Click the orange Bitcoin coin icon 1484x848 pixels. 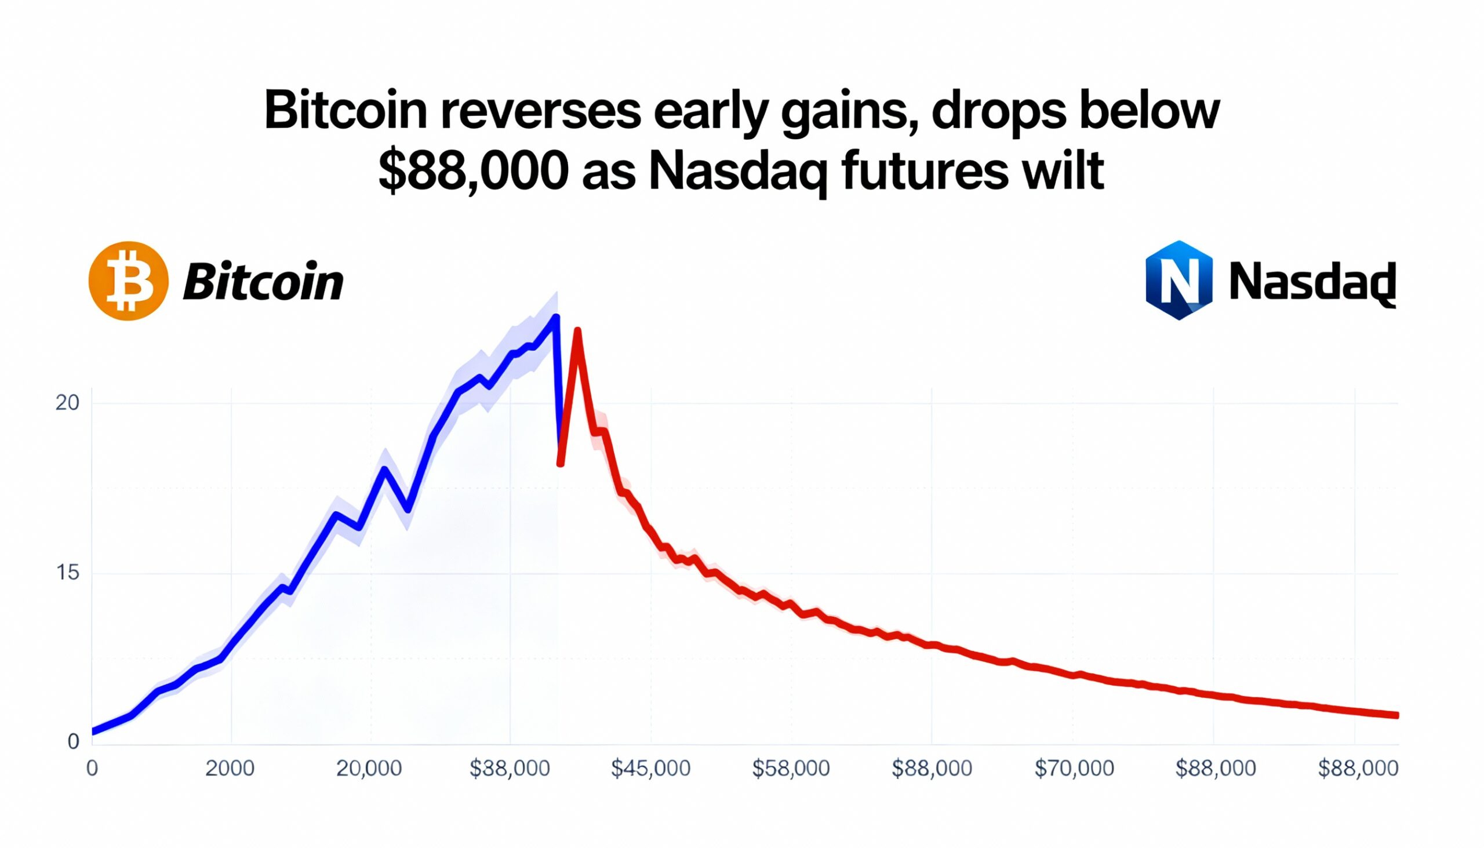[x=129, y=281]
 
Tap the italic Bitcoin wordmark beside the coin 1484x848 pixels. [x=263, y=282]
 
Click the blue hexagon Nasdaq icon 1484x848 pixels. [x=1179, y=280]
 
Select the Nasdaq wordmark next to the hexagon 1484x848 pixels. [x=1312, y=282]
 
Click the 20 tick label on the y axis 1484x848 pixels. [x=67, y=403]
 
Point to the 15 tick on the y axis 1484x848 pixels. [x=67, y=573]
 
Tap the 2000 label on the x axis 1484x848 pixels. [x=230, y=769]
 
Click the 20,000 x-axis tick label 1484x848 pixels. [x=369, y=769]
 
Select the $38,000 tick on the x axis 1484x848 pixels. [x=510, y=769]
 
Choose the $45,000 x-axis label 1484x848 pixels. [x=650, y=769]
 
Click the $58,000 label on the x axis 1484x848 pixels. [x=791, y=769]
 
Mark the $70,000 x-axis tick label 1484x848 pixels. [x=1074, y=769]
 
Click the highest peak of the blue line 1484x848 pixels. [x=555, y=318]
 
